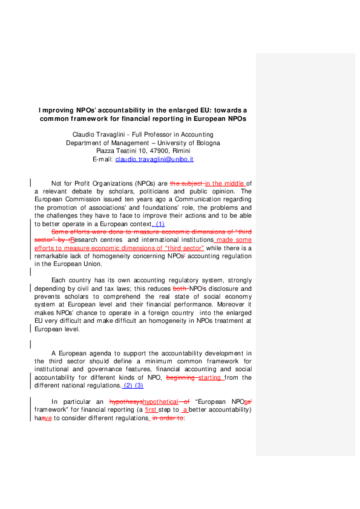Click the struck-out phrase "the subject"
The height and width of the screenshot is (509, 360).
coord(186,183)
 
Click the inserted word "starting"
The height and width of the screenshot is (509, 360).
coord(211,377)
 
